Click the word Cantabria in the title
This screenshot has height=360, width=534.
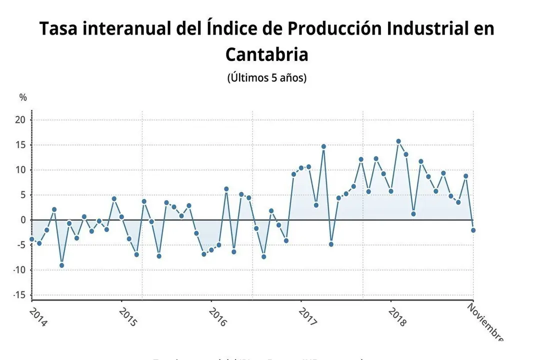[266, 54]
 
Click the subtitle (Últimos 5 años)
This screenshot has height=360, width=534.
[266, 78]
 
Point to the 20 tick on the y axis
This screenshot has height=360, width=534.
[20, 120]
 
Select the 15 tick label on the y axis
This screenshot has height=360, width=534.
[20, 145]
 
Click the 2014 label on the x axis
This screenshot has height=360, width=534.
[37, 317]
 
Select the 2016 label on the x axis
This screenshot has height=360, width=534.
[217, 317]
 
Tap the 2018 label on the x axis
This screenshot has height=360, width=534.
[397, 317]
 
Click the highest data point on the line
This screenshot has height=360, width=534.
[398, 141]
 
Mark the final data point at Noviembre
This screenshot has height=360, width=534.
[473, 230]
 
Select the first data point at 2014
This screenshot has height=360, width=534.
[32, 239]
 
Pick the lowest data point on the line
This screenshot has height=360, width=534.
[61, 265]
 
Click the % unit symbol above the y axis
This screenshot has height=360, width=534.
[23, 97]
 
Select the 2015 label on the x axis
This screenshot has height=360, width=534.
[127, 317]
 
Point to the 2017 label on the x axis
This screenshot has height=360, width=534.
[307, 317]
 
